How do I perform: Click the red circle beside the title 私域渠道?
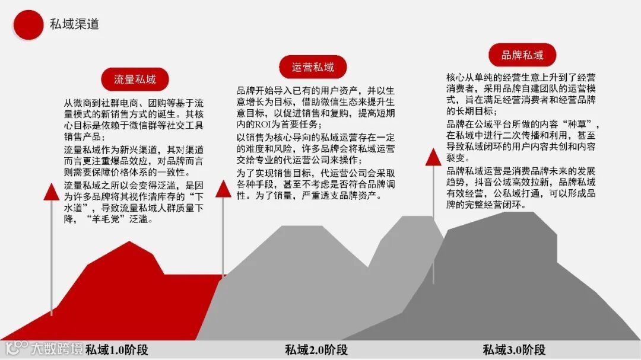coord(28,24)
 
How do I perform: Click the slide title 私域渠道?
coord(74,24)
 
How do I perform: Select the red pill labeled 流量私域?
coord(135,79)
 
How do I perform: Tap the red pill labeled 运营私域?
coord(313,67)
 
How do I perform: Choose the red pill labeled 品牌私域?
coord(522,55)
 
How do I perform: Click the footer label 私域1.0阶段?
coord(116,349)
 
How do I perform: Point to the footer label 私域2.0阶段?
coord(316,349)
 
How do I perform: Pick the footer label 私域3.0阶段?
coord(514,349)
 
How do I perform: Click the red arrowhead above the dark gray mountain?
coord(433,157)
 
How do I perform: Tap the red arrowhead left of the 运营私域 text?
coord(223,189)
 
